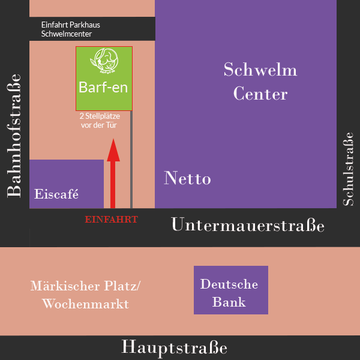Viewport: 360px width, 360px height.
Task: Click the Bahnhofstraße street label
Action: tap(14, 135)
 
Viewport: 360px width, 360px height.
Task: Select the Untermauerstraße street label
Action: tap(248, 226)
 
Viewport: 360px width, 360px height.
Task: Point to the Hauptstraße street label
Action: tap(175, 347)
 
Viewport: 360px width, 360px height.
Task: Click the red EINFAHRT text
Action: tap(112, 220)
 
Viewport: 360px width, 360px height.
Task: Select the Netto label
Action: tap(187, 178)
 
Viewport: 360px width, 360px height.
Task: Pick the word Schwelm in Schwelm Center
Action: tap(260, 70)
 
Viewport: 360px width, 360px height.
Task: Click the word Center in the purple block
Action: tap(260, 94)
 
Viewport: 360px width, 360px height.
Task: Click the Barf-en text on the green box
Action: tap(104, 88)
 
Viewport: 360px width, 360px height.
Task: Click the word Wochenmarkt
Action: tap(85, 304)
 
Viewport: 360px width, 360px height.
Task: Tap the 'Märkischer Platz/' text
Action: tap(85, 286)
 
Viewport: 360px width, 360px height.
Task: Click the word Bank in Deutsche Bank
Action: tap(231, 302)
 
